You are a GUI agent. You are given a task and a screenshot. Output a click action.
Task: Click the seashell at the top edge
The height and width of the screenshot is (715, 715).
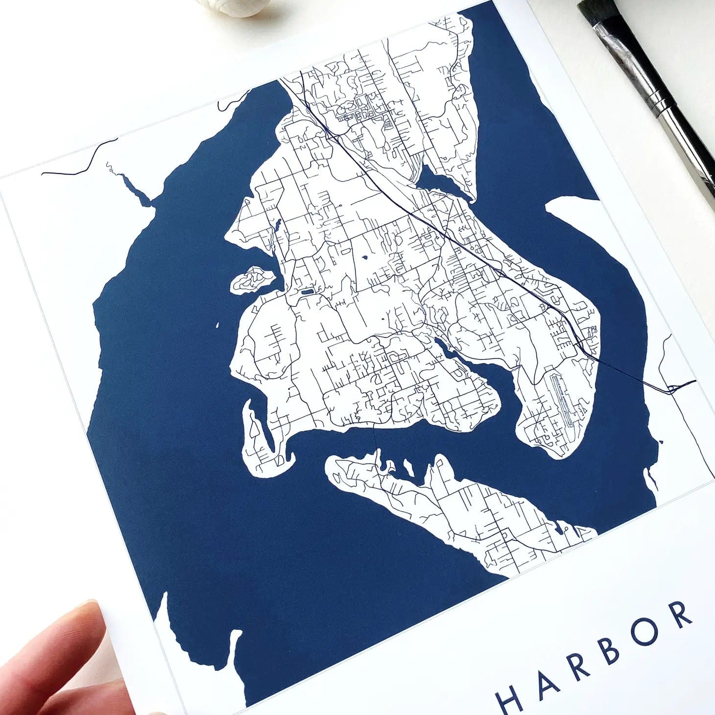[230, 7]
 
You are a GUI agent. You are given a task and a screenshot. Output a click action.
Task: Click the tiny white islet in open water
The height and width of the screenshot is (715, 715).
[216, 325]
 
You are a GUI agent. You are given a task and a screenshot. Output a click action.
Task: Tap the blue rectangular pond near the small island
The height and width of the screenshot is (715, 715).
[307, 292]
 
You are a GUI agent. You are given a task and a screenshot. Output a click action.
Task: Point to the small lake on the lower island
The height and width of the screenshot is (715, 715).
[559, 528]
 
